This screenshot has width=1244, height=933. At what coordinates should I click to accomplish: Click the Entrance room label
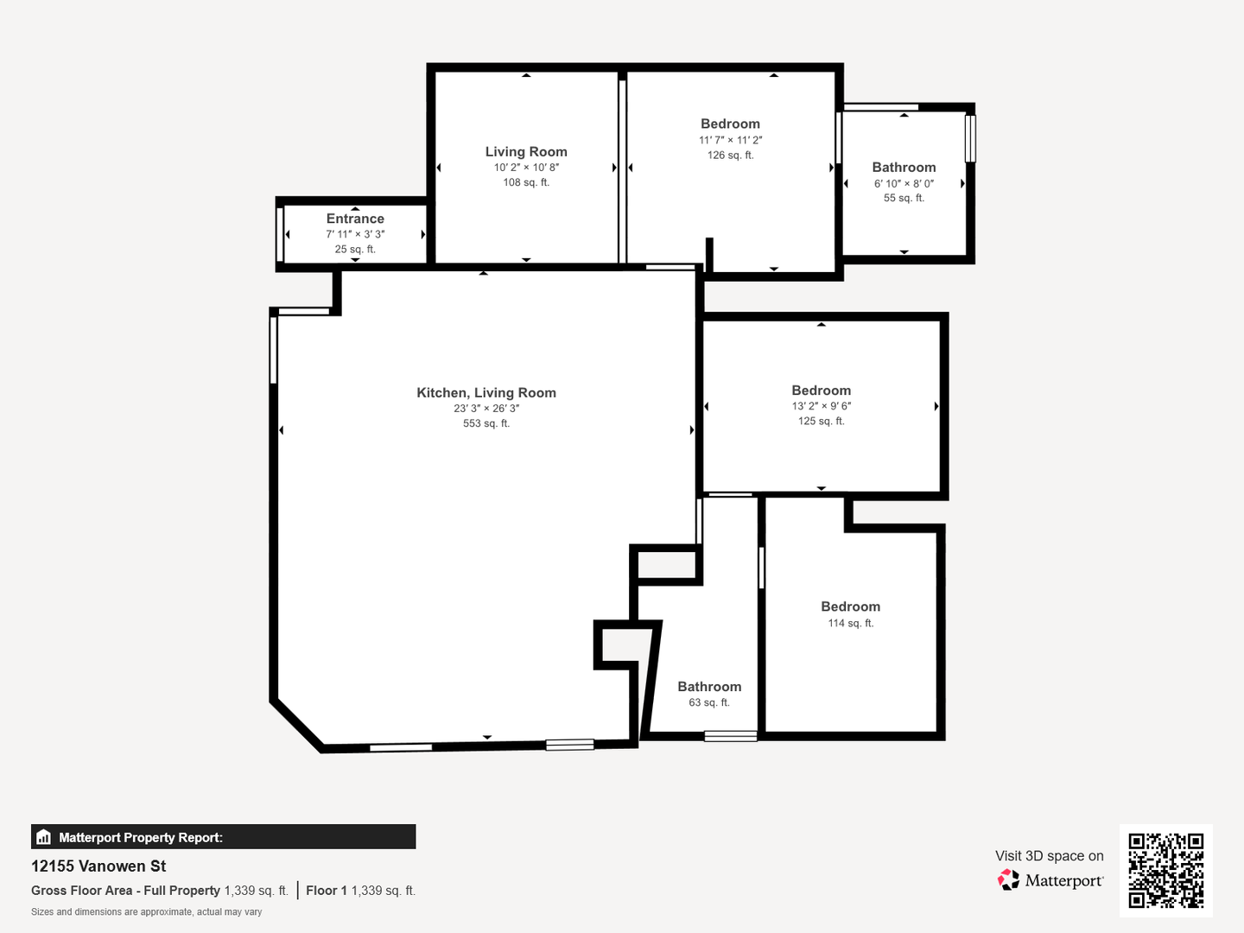coord(355,219)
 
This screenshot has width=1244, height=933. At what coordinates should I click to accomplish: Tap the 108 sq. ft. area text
coord(526,182)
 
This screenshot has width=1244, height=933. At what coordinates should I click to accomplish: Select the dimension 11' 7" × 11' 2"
coord(731,140)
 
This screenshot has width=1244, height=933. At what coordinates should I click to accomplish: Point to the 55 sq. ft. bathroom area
coord(904,198)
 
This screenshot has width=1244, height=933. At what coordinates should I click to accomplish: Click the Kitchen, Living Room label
coord(486,392)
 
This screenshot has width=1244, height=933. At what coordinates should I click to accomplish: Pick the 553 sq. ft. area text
coord(486,423)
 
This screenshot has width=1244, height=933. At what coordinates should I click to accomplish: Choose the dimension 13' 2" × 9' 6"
coord(822,406)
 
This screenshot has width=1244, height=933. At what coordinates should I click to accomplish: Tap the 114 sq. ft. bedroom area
coord(851,623)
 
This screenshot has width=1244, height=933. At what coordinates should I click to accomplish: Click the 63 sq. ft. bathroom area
coord(709,702)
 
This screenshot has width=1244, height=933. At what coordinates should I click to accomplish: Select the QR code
coord(1165,870)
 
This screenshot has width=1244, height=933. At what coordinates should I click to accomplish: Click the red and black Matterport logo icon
coord(1008,879)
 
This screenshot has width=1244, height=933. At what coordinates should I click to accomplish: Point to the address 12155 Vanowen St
coord(98,866)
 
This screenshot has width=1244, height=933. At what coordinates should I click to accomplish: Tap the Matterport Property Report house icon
coord(44,837)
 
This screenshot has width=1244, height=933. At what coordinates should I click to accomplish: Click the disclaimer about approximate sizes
coord(146,912)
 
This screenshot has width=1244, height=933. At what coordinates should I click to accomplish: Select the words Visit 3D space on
coord(1049,856)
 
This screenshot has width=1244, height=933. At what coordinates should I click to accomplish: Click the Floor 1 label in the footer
coord(327,891)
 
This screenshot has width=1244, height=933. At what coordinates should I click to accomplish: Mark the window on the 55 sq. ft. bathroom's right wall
coord(970,139)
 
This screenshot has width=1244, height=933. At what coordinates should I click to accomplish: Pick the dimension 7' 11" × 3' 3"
coord(355,234)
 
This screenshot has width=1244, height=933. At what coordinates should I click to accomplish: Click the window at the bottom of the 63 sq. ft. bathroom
coord(731,736)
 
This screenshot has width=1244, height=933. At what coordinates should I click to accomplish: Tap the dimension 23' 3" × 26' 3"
coord(486,408)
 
